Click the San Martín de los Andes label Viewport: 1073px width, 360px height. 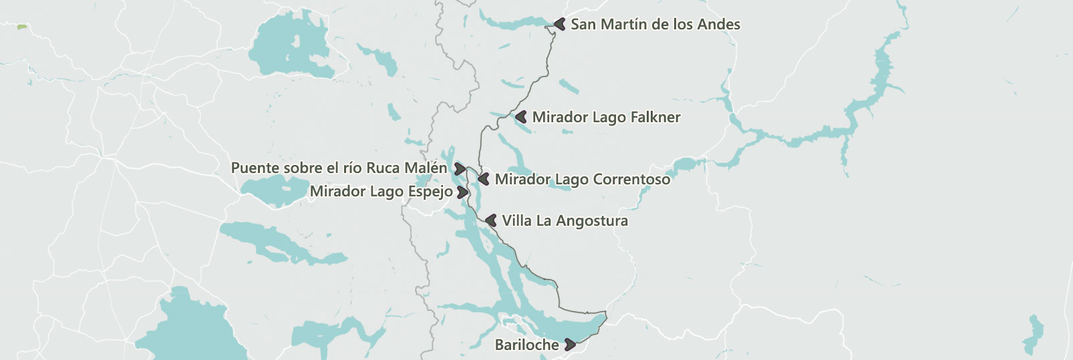coord(655,25)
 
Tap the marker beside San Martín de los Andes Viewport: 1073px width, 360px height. coord(561,24)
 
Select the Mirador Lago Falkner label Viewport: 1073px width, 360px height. coord(606,118)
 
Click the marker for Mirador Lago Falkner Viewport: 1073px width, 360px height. coord(521,117)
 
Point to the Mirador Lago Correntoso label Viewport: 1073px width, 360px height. coord(582,180)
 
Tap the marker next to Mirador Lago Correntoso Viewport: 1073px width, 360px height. coord(484,179)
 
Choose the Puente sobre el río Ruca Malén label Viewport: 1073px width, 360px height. coord(339,168)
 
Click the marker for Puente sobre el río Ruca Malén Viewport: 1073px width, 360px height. coord(460,168)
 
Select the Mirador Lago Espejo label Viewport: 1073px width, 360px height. coord(381,192)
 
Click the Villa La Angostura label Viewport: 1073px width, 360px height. coord(565,221)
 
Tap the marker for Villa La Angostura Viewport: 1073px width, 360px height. coord(491,220)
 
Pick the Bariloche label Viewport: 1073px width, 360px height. coord(526,345)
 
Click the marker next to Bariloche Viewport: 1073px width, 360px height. coord(570,345)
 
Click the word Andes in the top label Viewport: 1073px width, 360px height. coord(719,25)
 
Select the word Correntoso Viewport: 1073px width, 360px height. coord(631,180)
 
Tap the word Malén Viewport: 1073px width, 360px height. coord(426,168)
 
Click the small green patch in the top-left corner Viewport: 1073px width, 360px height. coord(22,27)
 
